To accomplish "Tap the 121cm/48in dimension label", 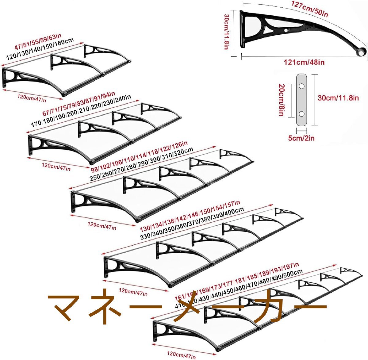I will [x=304, y=62].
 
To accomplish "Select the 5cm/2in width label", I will [x=301, y=138].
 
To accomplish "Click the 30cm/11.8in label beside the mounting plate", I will [x=338, y=98].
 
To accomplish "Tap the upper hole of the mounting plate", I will [x=301, y=86].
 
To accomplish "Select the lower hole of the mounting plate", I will [x=301, y=114].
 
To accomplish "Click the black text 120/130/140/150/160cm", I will [x=40, y=48].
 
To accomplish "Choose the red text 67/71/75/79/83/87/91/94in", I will [x=79, y=104].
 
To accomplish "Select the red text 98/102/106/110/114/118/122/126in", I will [x=139, y=156].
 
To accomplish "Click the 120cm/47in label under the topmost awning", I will [x=32, y=98].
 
